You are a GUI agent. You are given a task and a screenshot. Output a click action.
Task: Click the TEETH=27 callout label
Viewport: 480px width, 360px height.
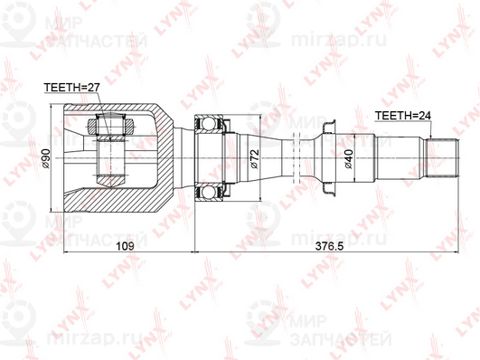click(x=72, y=88)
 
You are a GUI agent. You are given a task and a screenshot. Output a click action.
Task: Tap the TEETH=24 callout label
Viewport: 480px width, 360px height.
click(x=403, y=116)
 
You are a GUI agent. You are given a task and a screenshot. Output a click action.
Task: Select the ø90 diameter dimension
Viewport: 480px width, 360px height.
click(x=46, y=158)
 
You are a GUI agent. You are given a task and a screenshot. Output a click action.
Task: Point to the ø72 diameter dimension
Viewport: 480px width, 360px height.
click(x=255, y=158)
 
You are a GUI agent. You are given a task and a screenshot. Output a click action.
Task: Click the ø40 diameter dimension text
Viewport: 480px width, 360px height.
click(x=349, y=158)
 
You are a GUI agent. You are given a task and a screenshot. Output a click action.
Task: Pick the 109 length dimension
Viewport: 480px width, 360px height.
click(x=126, y=246)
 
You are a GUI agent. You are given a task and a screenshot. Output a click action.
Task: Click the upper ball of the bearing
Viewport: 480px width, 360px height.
click(x=208, y=124)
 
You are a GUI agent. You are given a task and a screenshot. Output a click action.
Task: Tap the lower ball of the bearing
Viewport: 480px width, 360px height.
click(x=208, y=193)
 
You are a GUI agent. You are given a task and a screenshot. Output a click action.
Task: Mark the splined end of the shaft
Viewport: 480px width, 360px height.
click(x=442, y=157)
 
